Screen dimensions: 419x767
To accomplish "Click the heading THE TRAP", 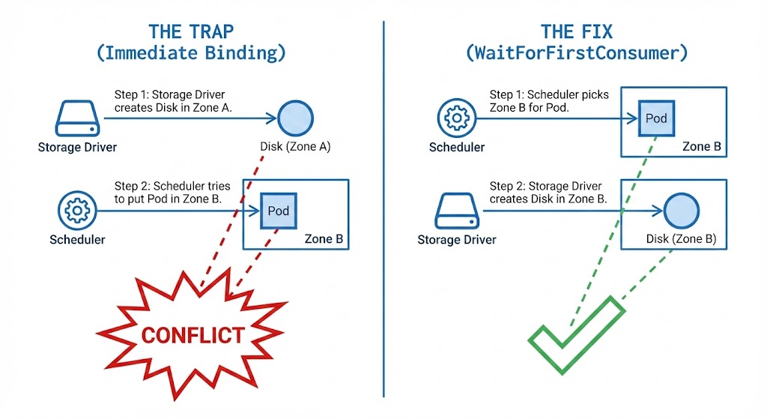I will [x=192, y=31].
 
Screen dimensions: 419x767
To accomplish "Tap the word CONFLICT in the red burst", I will [x=192, y=334].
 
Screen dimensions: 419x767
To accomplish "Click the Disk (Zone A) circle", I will [x=295, y=118].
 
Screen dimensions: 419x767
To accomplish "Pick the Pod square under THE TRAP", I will [x=278, y=211].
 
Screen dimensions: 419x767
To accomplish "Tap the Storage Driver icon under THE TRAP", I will [x=76, y=119].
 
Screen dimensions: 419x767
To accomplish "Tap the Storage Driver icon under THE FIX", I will [x=457, y=211].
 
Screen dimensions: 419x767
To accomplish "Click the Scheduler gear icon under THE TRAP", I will [x=77, y=211].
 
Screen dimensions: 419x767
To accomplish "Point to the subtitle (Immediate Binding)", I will [x=192, y=54].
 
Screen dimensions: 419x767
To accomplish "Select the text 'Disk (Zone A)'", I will [x=295, y=147].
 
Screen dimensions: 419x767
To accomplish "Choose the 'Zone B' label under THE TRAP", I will [x=324, y=240].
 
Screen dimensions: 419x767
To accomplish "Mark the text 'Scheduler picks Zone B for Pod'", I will [x=549, y=100].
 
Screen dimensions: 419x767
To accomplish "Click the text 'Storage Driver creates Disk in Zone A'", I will [x=174, y=101].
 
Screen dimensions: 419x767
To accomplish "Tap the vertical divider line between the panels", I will [x=383, y=210].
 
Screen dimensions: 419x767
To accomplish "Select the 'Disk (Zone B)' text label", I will [x=681, y=240].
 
